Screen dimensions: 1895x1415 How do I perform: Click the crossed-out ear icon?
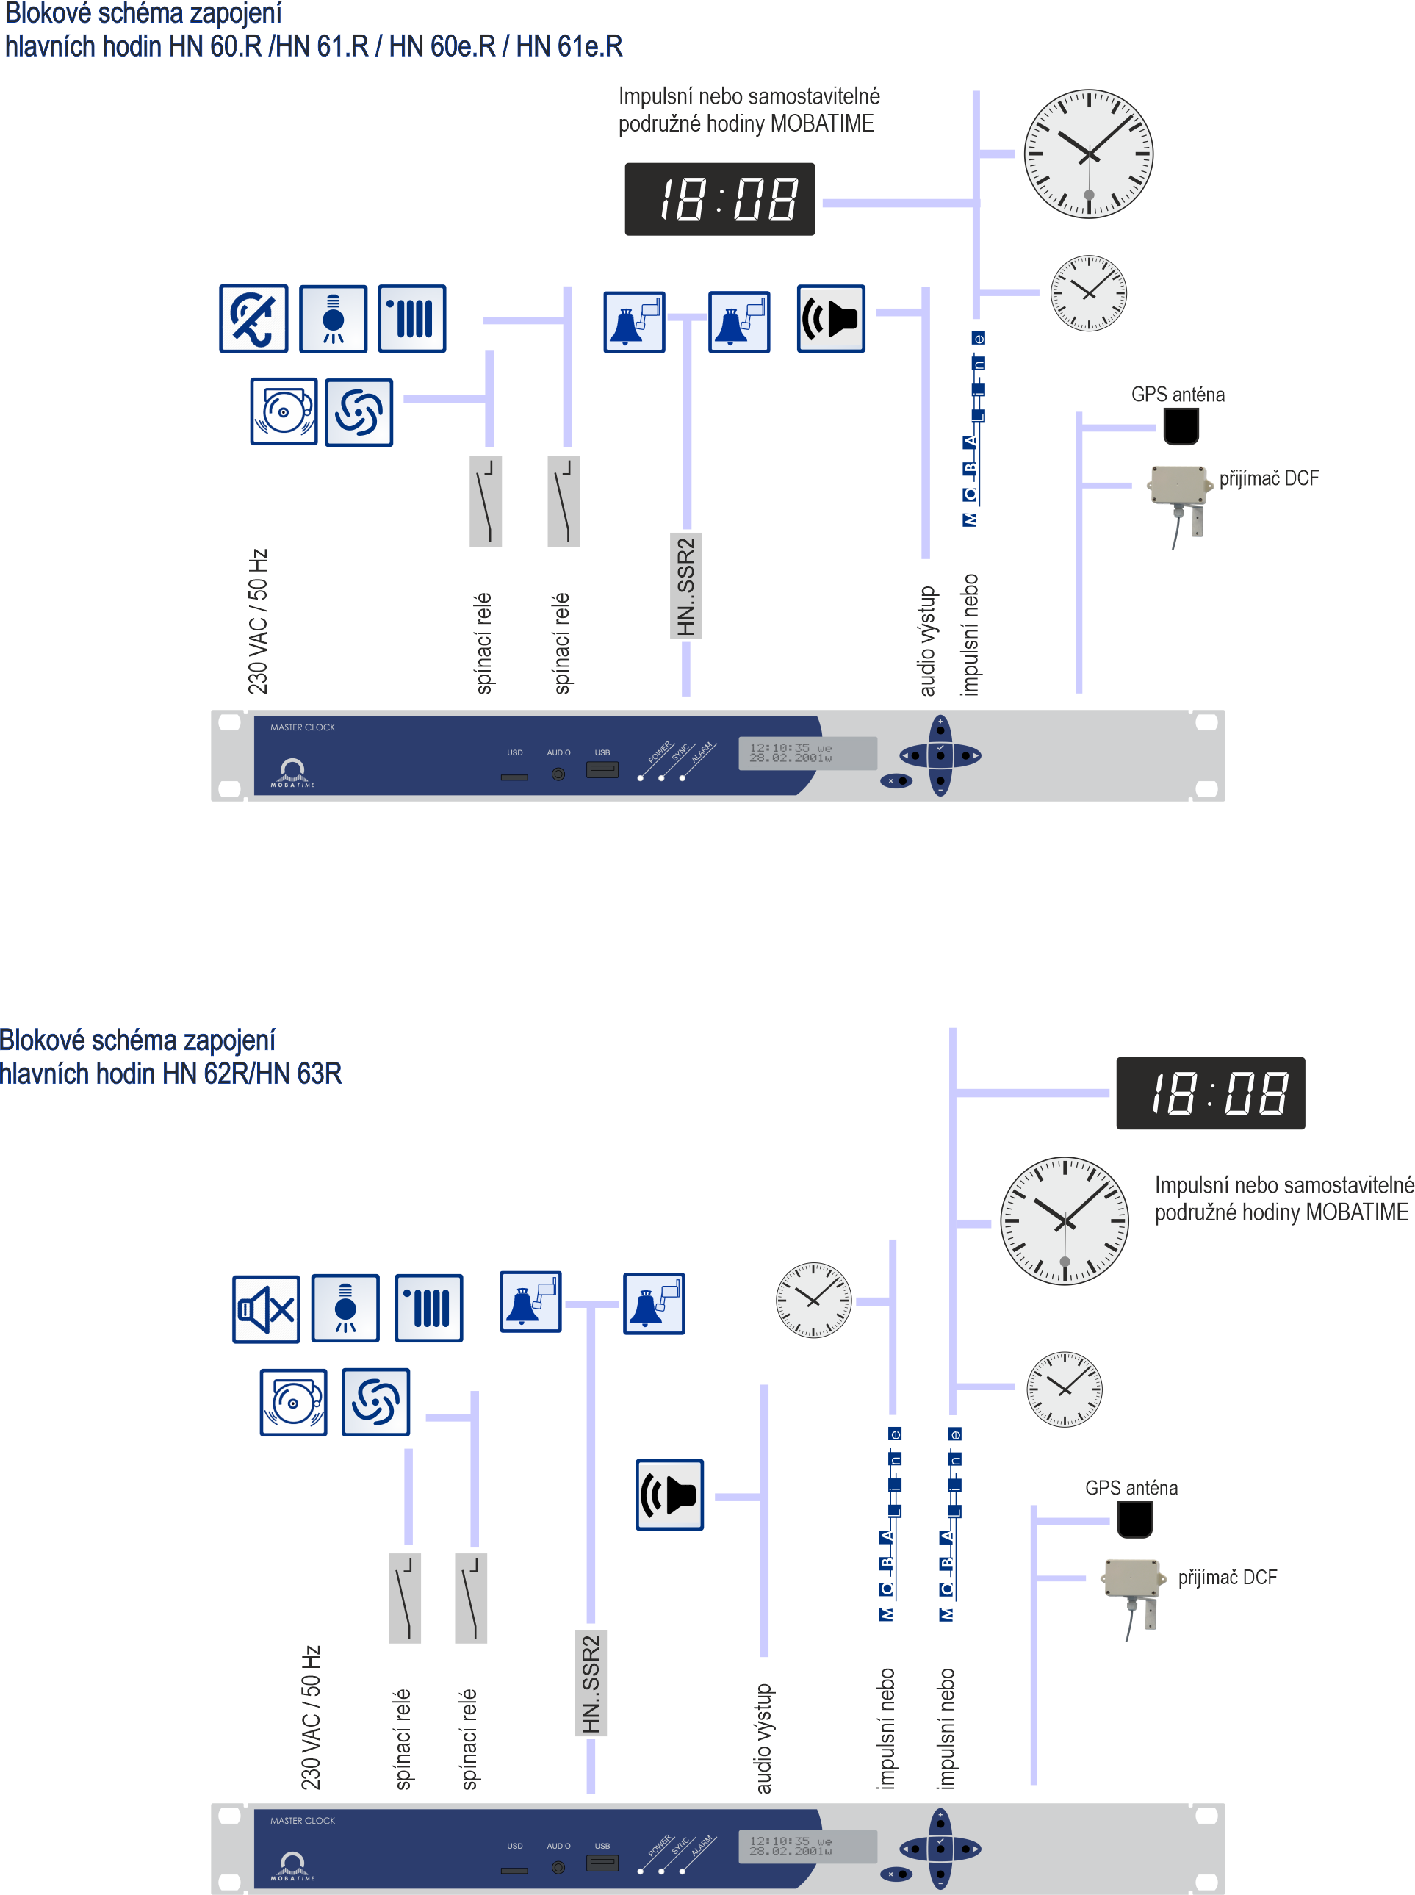[253, 319]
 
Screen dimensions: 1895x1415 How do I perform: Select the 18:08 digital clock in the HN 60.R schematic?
[719, 198]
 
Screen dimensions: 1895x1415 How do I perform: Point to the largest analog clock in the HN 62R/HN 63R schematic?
[1064, 1220]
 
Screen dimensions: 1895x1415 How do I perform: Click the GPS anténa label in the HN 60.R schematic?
[1177, 395]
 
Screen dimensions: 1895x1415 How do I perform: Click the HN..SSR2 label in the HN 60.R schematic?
[685, 586]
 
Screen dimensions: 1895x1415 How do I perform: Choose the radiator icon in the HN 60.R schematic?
[412, 319]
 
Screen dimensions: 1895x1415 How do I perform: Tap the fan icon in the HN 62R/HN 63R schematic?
[375, 1401]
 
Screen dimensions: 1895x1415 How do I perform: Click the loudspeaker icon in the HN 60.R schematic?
[831, 319]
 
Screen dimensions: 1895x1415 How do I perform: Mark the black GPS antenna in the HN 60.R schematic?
[1181, 425]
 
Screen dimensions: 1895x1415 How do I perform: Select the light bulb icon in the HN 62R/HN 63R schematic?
[345, 1307]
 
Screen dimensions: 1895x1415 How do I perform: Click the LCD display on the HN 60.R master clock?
[806, 753]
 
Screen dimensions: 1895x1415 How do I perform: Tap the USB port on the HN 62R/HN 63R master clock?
[602, 1863]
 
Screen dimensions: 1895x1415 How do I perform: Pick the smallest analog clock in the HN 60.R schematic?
[1088, 293]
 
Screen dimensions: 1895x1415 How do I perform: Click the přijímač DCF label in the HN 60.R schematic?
[1269, 478]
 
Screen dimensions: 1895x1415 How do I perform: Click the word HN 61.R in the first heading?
[322, 46]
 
